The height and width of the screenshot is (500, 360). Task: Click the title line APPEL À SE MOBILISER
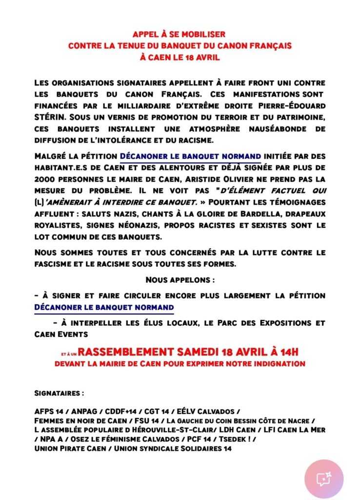tap(180, 35)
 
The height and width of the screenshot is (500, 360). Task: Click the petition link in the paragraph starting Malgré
tap(190, 156)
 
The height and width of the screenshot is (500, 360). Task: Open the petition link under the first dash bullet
tap(104, 308)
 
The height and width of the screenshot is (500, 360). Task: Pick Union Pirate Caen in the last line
tap(72, 448)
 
